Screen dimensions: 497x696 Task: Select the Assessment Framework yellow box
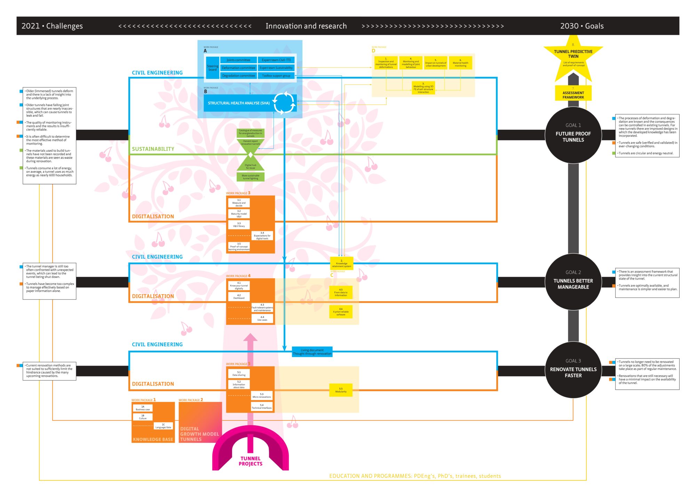(x=573, y=94)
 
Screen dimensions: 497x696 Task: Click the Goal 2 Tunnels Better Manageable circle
(x=573, y=282)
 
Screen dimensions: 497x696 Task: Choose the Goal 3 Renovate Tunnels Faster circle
(x=573, y=370)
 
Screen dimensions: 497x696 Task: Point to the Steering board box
(x=213, y=68)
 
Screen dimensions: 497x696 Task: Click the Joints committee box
(x=238, y=60)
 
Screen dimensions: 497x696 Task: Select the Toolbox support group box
(x=276, y=75)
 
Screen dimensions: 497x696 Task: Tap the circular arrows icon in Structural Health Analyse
(x=284, y=103)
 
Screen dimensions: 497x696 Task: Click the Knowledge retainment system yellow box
(x=341, y=263)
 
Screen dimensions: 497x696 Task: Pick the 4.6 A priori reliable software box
(x=341, y=312)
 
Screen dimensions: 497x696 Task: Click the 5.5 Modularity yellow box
(x=341, y=390)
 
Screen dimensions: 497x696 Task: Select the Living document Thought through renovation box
(x=312, y=352)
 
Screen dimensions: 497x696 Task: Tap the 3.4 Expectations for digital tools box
(x=262, y=236)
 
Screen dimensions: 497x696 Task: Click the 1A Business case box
(x=143, y=408)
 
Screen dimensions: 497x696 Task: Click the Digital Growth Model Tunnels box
(x=200, y=422)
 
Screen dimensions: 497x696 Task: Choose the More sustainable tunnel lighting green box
(x=251, y=177)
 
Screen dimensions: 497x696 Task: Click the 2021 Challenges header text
(x=52, y=26)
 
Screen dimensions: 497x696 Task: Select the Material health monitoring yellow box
(x=460, y=63)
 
